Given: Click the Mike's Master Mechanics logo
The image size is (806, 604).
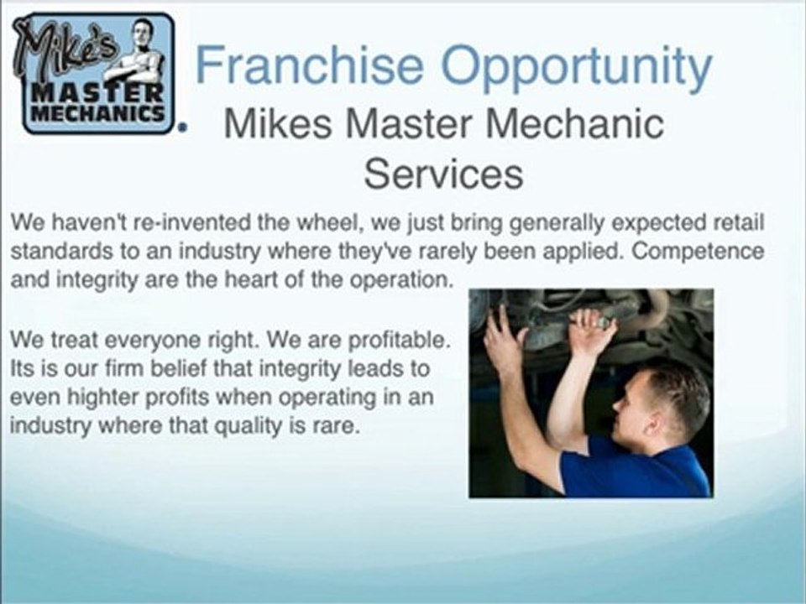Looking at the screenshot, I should (93, 73).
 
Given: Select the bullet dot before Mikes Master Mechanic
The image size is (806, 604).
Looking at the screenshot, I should (181, 127).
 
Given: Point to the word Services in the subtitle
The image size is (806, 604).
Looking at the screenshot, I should (443, 174).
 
